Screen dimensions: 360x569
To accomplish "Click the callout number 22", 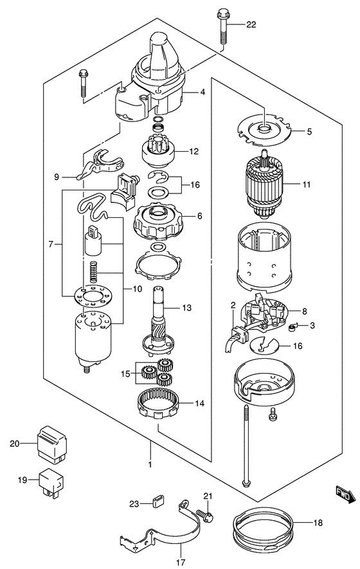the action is tap(251, 24).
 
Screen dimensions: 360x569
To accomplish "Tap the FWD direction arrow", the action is tap(345, 494).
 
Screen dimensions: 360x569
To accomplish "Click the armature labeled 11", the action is tap(264, 185).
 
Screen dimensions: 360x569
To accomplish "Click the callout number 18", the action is tap(318, 523).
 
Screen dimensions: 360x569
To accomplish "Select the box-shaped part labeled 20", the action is tap(52, 444).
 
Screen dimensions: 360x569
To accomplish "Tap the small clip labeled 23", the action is tap(157, 502).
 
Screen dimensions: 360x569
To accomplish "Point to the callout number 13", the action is tap(186, 308).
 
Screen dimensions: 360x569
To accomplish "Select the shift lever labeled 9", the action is tap(100, 164).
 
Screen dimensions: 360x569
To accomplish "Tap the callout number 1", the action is tap(150, 464).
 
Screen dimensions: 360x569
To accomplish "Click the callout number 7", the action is tap(50, 244).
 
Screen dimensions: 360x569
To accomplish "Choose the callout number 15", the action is tap(125, 374).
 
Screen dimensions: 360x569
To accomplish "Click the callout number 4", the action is tap(203, 92).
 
